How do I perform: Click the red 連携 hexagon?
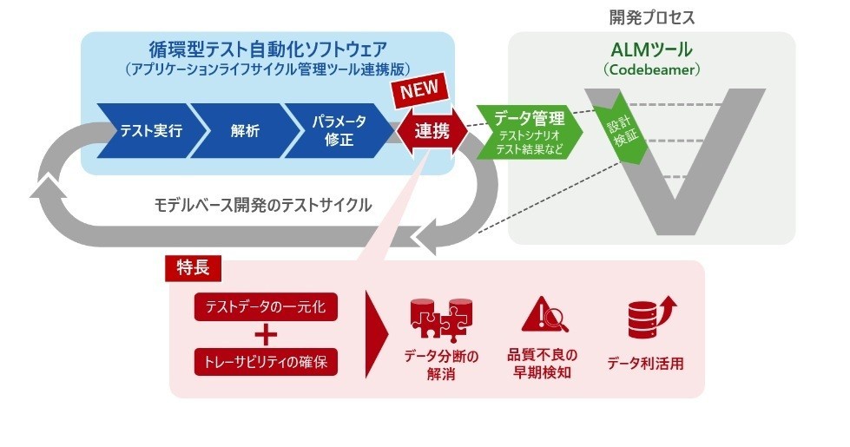pos(432,132)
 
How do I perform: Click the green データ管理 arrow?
pos(528,131)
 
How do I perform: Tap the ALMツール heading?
pos(651,50)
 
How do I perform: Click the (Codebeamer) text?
pos(651,69)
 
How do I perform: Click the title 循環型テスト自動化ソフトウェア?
pos(267,49)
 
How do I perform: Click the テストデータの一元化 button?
pos(266,306)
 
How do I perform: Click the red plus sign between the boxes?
pos(266,334)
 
